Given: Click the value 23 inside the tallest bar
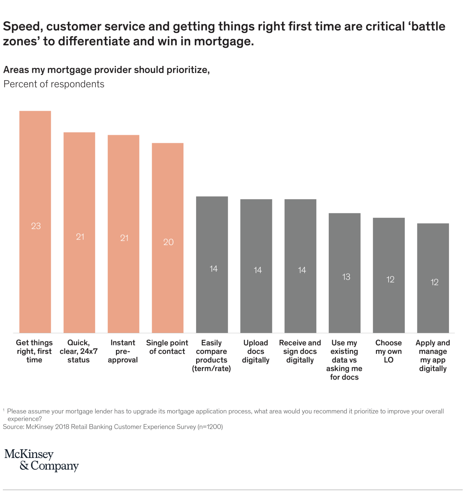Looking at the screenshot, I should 36,226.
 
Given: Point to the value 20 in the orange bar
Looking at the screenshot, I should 168,242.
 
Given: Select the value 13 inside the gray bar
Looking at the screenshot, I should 346,277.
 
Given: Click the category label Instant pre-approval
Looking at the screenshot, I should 123,351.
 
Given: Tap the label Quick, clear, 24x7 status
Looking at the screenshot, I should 79,351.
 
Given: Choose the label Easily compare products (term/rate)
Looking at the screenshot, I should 212,356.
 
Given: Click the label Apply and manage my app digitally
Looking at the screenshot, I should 433,356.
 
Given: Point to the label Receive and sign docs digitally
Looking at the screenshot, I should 300,351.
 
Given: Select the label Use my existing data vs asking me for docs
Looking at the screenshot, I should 344,360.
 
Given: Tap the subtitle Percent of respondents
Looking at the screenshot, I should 54,84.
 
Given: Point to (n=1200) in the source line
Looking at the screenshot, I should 210,427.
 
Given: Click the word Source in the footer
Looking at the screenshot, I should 13,427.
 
